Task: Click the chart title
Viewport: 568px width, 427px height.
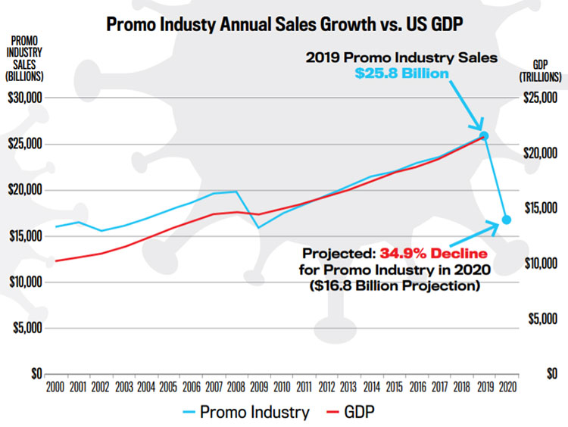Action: pos(284,23)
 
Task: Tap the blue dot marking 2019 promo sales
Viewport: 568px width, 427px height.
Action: pos(485,136)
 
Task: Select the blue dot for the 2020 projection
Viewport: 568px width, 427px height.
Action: pos(507,220)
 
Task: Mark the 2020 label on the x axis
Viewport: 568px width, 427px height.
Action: pos(507,388)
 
